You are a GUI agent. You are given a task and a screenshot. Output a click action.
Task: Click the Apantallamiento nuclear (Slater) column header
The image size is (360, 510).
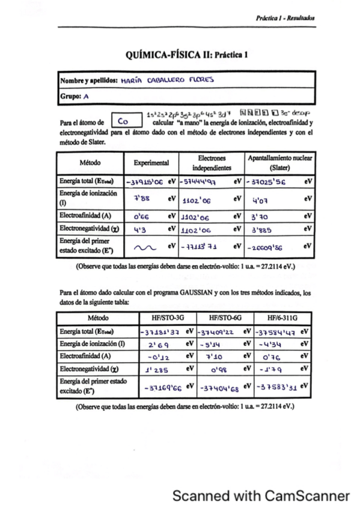(x=279, y=162)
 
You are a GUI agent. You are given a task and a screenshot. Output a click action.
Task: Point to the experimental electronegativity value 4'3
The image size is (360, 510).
(x=141, y=229)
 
